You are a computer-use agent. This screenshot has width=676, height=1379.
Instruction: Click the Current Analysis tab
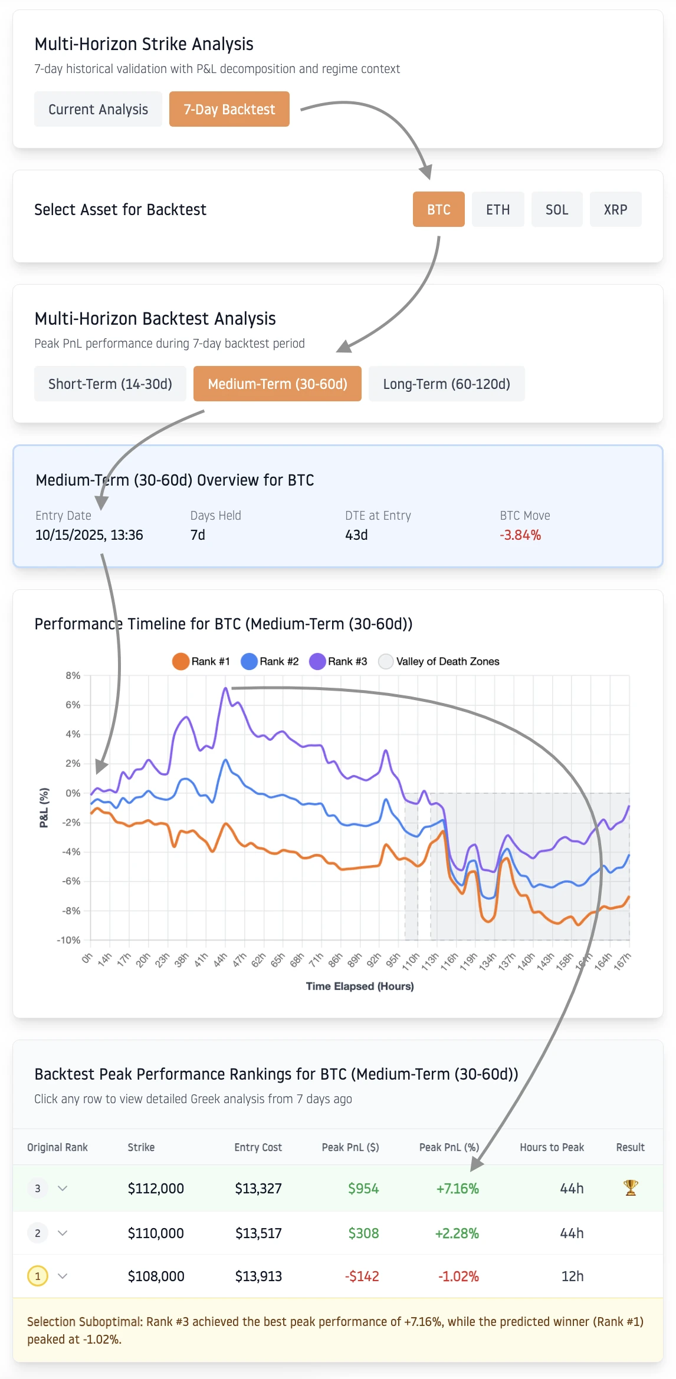tap(98, 110)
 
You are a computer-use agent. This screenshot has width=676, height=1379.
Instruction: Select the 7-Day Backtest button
tap(229, 110)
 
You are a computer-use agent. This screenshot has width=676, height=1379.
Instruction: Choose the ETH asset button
tap(497, 210)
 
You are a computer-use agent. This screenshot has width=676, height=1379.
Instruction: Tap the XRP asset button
tap(615, 210)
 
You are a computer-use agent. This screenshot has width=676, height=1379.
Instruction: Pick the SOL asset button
tap(556, 210)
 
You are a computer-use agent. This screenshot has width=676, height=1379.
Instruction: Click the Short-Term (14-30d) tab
tap(110, 384)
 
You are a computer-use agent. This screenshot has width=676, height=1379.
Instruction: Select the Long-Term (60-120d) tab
tap(446, 384)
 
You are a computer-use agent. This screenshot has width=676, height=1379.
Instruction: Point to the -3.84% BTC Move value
tap(520, 535)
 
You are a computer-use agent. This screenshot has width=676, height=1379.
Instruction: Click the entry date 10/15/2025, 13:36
tap(89, 535)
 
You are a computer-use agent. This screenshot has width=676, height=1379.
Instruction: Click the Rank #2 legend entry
tap(270, 661)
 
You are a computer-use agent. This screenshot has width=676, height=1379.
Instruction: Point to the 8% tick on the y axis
tap(73, 675)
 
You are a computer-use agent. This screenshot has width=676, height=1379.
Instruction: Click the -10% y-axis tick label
tap(68, 940)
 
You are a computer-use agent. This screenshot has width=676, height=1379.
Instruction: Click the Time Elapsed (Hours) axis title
tap(359, 986)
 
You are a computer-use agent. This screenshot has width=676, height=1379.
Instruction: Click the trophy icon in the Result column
tap(630, 1188)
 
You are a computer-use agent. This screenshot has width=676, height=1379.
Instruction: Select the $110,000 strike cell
tap(156, 1233)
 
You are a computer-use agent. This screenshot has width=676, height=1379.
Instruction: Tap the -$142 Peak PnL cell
tap(362, 1276)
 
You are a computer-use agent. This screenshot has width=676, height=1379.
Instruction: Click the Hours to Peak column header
tap(552, 1147)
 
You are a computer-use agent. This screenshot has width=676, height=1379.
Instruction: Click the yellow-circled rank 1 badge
tap(38, 1276)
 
